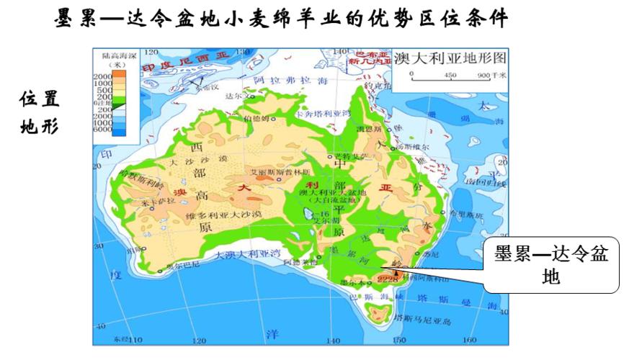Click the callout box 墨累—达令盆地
[x=550, y=265]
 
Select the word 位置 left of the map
[x=40, y=99]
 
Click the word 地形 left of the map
[x=40, y=126]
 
